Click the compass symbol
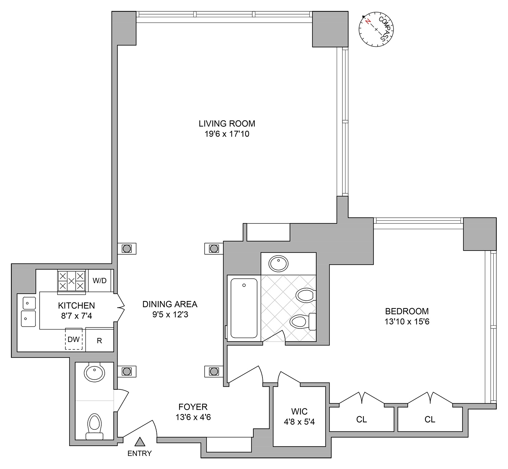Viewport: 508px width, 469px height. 376,29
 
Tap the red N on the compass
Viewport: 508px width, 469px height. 368,22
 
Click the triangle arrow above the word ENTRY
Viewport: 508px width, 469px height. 140,442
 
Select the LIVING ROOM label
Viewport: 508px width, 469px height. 227,124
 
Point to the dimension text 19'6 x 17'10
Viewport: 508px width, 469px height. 227,134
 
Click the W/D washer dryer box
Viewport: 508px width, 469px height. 100,280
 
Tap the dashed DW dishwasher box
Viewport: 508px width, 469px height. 73,339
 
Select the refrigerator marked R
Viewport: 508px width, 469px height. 100,341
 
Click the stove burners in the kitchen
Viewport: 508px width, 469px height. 71,281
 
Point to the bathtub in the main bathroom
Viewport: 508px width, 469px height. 244,308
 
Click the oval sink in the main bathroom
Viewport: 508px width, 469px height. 278,264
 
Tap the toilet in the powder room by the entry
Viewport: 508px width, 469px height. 95,426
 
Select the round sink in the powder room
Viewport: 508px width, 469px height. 94,372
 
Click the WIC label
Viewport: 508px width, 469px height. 299,411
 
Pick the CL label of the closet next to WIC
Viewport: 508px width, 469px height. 361,420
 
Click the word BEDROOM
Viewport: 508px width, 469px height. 407,311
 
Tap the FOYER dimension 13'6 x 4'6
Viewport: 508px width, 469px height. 193,417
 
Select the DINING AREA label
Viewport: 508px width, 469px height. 170,304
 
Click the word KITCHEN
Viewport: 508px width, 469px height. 77,305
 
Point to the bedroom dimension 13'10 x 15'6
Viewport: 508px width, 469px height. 407,322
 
